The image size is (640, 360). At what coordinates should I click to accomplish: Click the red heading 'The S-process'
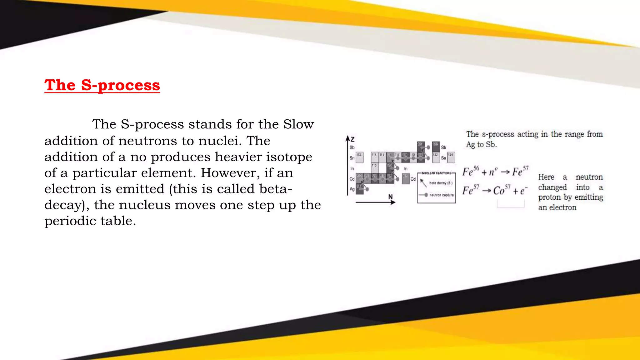(x=102, y=85)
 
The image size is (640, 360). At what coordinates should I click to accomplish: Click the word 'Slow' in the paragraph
(x=298, y=124)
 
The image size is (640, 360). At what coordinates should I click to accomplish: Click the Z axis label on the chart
(x=352, y=139)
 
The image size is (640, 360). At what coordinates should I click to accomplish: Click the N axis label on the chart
(x=390, y=197)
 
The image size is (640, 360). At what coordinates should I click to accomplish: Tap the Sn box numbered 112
(x=359, y=157)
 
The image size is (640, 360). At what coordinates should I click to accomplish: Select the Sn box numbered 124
(x=451, y=157)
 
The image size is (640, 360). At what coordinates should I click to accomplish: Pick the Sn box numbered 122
(x=436, y=157)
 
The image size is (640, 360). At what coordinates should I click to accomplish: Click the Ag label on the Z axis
(x=352, y=189)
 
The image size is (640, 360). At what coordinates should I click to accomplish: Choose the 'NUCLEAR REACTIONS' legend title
(x=437, y=173)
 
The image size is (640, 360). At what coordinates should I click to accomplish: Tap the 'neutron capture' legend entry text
(x=441, y=195)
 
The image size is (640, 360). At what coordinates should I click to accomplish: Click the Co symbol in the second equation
(x=499, y=191)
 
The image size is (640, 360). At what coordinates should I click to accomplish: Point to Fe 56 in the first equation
(x=470, y=171)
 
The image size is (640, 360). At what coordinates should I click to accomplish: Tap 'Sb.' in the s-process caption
(x=491, y=145)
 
